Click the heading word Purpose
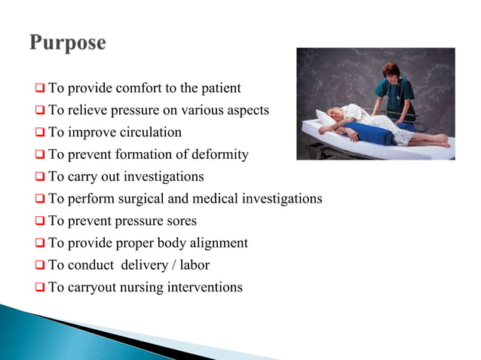pos(68,42)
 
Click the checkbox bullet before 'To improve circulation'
pos(40,133)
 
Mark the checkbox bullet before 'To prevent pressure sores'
pos(40,221)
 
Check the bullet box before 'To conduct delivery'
pos(40,266)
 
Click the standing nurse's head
pos(391,71)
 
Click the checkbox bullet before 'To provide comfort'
pos(40,89)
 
